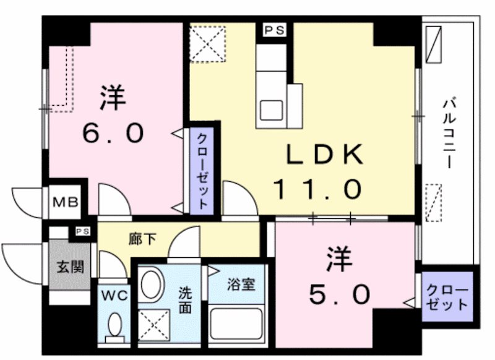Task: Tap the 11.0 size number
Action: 316,189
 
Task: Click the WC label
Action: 114,296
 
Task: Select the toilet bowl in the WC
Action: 114,324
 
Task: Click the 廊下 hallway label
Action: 139,238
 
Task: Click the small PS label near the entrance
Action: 82,231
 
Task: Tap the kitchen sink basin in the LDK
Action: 271,110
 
